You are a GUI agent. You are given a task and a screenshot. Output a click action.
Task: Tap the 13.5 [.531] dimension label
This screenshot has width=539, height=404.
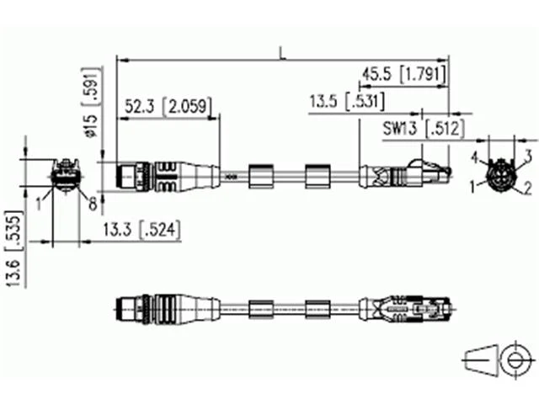click(x=347, y=102)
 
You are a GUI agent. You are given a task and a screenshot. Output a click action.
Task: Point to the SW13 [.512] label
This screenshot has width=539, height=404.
click(x=424, y=129)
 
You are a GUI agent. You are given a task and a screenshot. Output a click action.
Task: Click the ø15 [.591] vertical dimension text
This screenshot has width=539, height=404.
click(x=92, y=102)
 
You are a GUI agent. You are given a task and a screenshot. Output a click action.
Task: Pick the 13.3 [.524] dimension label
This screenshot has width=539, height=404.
click(x=142, y=230)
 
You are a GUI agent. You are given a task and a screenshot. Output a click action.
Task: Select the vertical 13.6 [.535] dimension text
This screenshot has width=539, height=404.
click(x=14, y=249)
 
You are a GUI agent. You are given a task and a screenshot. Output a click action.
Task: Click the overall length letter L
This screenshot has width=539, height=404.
click(x=283, y=54)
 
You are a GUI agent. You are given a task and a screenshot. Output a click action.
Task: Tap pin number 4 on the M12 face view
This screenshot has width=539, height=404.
click(x=475, y=157)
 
